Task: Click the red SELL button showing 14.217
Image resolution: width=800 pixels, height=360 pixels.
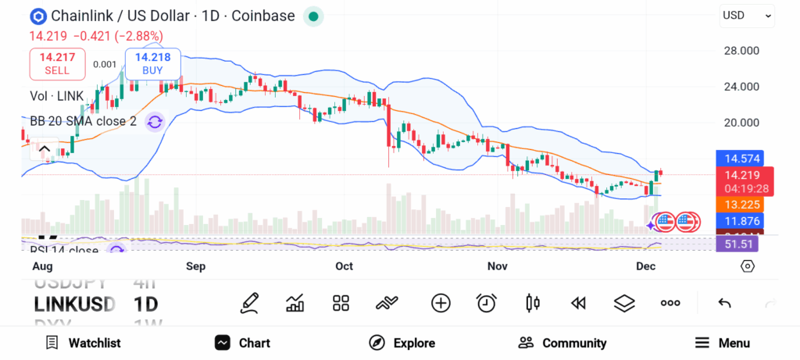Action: pos(57,63)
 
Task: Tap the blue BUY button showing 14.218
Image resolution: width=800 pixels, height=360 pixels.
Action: pos(152,63)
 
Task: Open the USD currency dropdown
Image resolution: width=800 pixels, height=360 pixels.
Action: pos(747,15)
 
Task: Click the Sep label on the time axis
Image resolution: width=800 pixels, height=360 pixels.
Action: pos(195,266)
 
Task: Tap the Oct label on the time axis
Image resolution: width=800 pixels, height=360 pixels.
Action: pos(344,266)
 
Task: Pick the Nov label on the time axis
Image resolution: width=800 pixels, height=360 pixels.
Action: pos(497,266)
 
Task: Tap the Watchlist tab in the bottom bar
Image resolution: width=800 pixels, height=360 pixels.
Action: pos(83,343)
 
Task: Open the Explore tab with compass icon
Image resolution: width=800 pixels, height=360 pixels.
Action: pos(402,343)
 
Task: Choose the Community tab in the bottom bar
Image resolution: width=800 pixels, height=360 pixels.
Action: pos(562,343)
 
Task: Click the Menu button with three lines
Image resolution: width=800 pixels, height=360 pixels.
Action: pos(723,343)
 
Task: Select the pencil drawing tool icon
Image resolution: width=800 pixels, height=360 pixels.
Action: pos(250,303)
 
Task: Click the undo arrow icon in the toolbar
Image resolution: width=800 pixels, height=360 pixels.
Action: pos(724,303)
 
